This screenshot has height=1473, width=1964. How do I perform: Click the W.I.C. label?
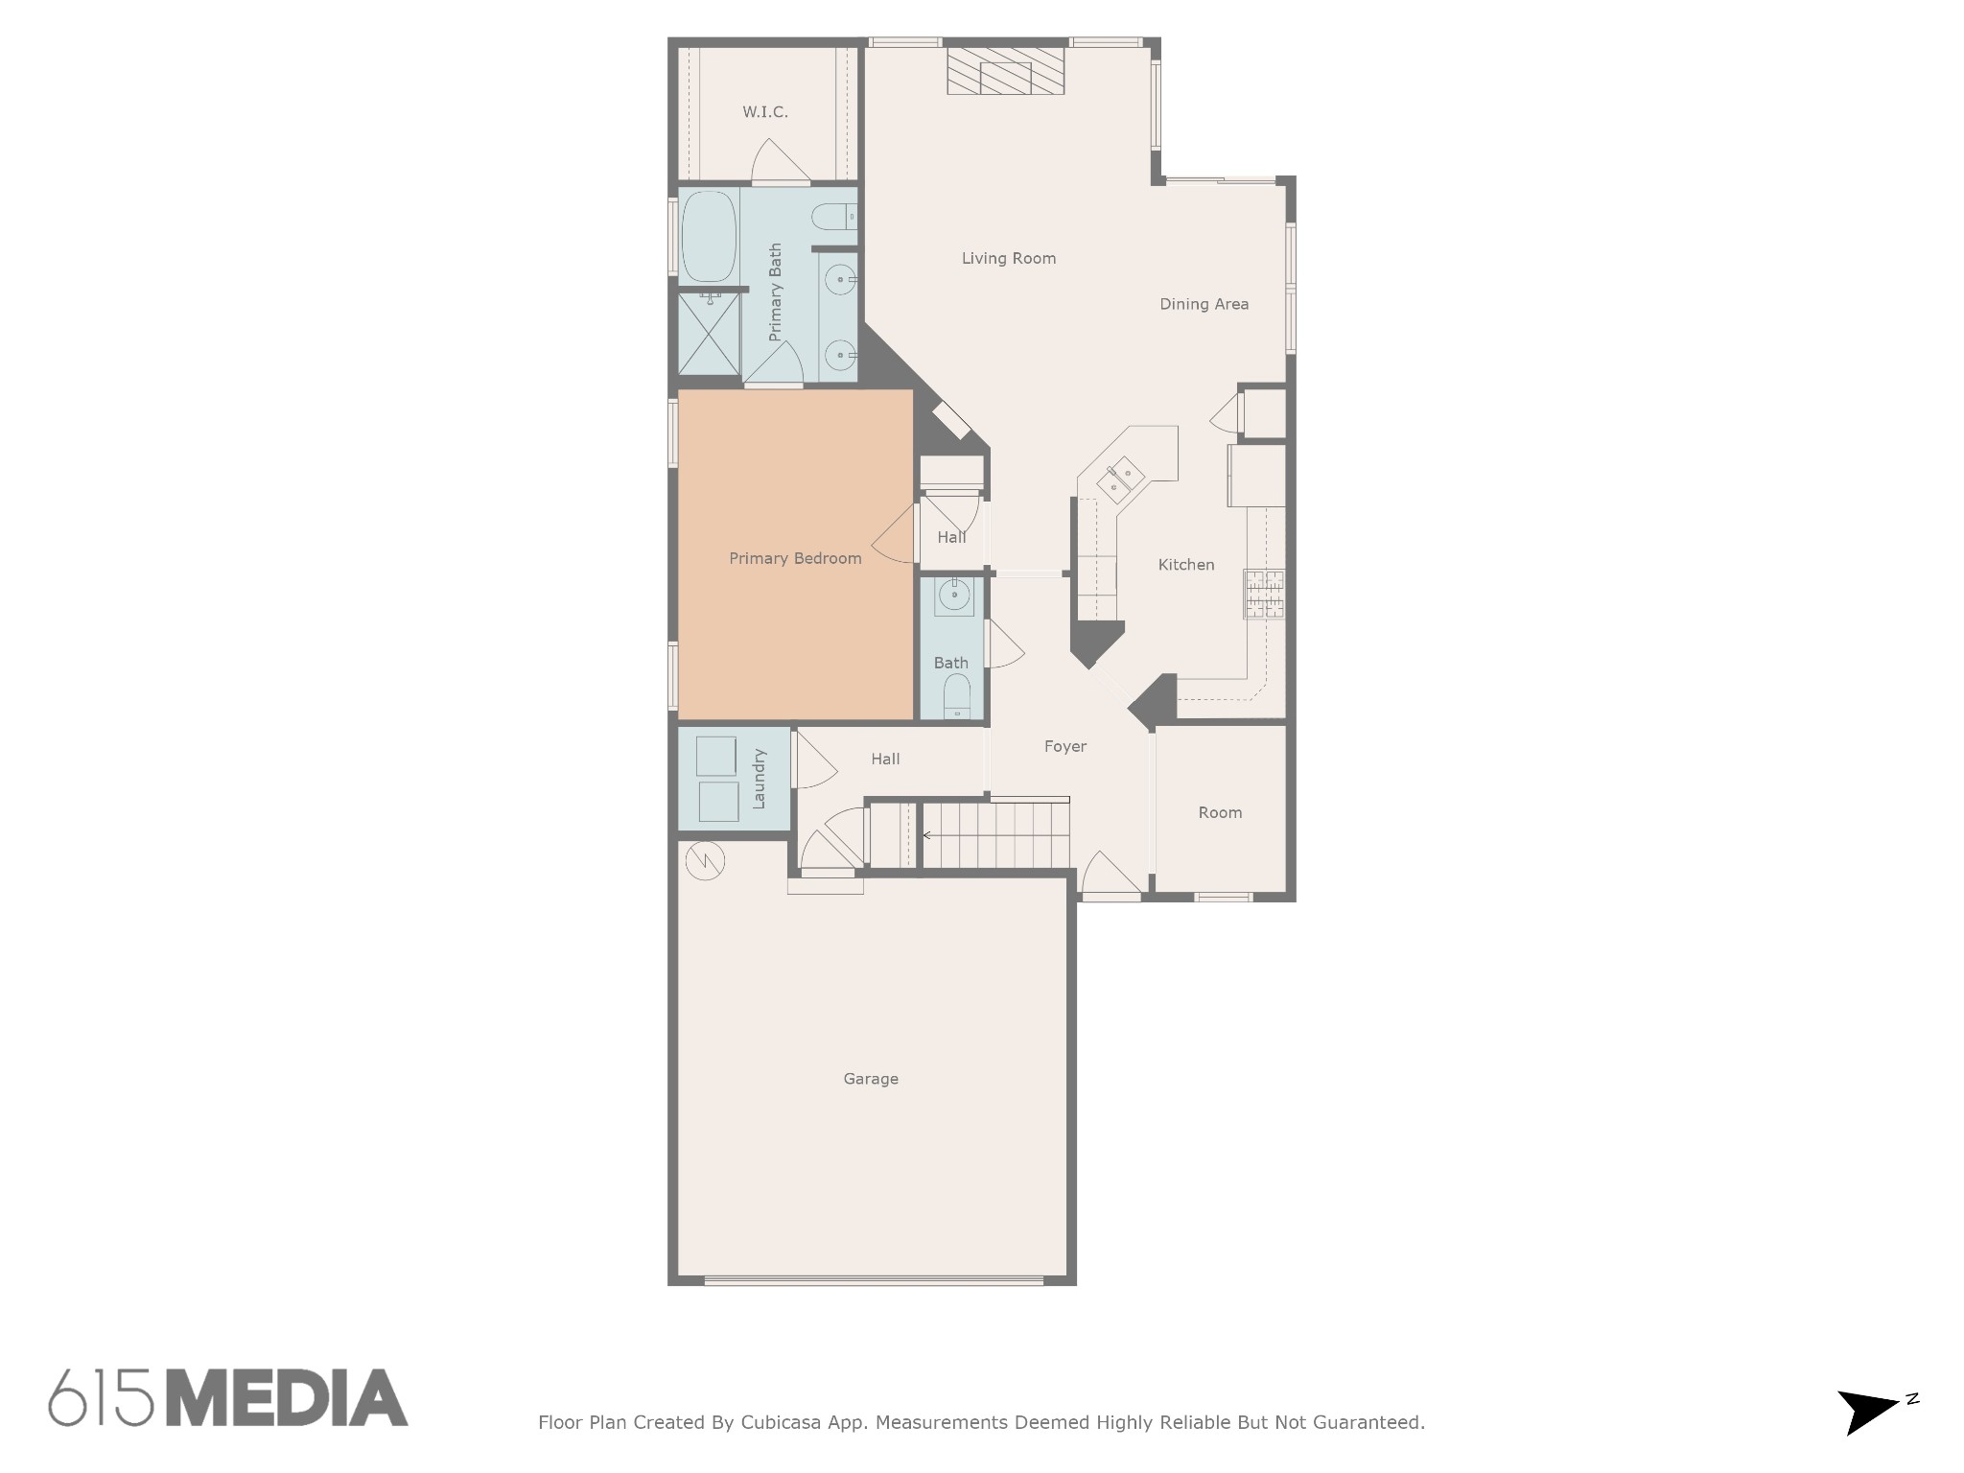pyautogui.click(x=765, y=112)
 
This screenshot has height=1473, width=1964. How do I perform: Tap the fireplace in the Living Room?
pyautogui.click(x=1005, y=71)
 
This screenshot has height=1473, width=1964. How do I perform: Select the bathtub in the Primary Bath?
pyautogui.click(x=709, y=236)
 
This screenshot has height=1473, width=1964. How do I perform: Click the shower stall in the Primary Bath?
pyautogui.click(x=709, y=334)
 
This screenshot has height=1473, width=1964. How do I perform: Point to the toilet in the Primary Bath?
pyautogui.click(x=833, y=218)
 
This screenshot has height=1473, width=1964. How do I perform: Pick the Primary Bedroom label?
pyautogui.click(x=795, y=558)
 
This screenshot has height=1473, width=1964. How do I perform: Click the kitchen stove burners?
pyautogui.click(x=1264, y=594)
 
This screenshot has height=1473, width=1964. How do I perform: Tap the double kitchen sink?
pyautogui.click(x=1120, y=479)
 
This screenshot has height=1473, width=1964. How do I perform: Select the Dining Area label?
pyautogui.click(x=1204, y=304)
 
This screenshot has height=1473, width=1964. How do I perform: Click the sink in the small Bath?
pyautogui.click(x=954, y=596)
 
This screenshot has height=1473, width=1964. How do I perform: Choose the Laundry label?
pyautogui.click(x=759, y=779)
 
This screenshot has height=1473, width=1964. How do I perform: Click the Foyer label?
pyautogui.click(x=1065, y=746)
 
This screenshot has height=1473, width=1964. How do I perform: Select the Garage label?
pyautogui.click(x=871, y=1079)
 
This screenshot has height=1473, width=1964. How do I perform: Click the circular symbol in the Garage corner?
pyautogui.click(x=706, y=861)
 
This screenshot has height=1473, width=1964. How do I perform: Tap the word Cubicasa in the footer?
pyautogui.click(x=781, y=1422)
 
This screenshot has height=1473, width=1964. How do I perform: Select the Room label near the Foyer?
pyautogui.click(x=1220, y=812)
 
